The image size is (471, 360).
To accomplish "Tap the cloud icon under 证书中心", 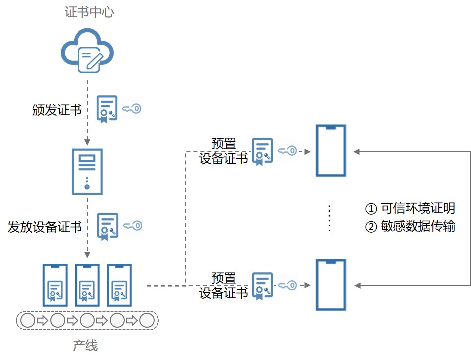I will (x=87, y=51).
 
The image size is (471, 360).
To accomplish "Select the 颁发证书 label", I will (x=57, y=110).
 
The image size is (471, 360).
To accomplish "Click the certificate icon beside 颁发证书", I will (x=107, y=109).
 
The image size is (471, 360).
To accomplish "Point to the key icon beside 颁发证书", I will (x=132, y=109).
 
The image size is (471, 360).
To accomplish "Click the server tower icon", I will (x=87, y=171).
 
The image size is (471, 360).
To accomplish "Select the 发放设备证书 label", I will (x=45, y=227).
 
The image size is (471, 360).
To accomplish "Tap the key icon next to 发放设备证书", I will (x=133, y=226).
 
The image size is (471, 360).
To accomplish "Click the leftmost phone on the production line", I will (x=55, y=285).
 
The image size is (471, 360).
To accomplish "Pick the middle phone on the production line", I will (x=87, y=285).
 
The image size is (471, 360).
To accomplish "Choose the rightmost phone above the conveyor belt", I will (x=120, y=285).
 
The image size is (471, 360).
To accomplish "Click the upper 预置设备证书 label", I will (x=224, y=151).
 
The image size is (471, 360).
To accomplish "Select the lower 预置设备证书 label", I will (x=224, y=285).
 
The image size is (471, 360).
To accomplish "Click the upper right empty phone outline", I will (x=331, y=150).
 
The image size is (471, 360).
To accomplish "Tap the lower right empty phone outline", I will (x=331, y=284).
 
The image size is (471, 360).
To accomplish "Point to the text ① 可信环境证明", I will (x=410, y=208).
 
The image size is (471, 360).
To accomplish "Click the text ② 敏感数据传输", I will (x=410, y=227).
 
